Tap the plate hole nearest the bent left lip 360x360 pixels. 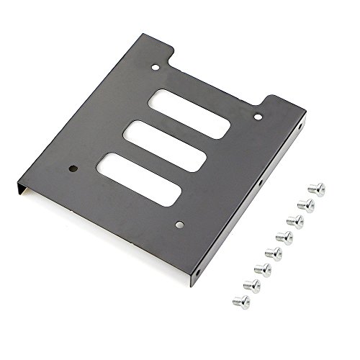tap(73, 171)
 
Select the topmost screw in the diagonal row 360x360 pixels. tap(316, 189)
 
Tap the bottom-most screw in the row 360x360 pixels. tap(241, 302)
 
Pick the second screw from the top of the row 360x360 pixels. tap(306, 205)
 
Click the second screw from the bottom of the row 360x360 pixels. tap(252, 286)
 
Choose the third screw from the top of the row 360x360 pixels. tap(295, 221)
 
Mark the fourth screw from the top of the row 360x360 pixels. tap(284, 237)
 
